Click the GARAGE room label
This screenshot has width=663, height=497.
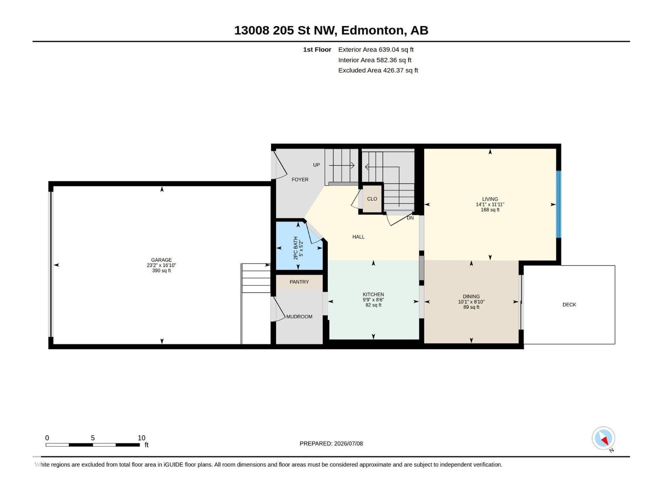pos(161,260)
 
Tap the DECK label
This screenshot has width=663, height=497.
pos(569,305)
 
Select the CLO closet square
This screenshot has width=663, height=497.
pos(372,199)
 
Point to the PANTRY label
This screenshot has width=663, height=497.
pos(299,282)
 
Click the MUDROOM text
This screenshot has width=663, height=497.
pos(299,316)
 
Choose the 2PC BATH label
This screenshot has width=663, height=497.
pos(296,248)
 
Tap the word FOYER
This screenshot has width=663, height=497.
pos(300,180)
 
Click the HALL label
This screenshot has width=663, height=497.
pos(358,237)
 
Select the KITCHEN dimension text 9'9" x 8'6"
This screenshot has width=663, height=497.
pos(373,300)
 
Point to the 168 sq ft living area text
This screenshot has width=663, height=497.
pos(490,210)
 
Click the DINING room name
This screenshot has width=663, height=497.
pos(471,297)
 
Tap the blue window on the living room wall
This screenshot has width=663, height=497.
pos(559,204)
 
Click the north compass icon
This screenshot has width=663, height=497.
pos(603,438)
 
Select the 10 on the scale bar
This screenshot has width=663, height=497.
pos(141,438)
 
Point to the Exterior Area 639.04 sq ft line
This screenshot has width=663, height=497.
pos(376,49)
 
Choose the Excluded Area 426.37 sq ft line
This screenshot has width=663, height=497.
pos(378,70)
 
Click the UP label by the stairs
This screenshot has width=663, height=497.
pos(316,165)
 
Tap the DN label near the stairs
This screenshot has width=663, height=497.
pos(410,218)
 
